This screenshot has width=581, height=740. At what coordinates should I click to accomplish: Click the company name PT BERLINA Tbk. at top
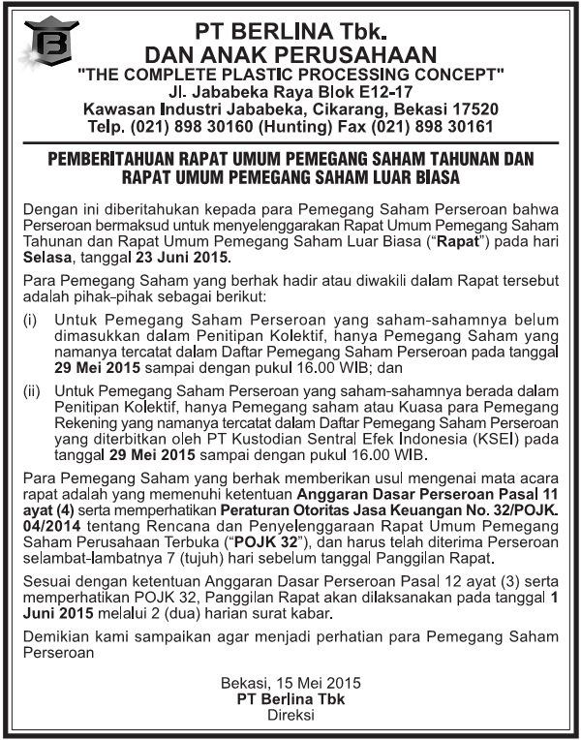click(290, 29)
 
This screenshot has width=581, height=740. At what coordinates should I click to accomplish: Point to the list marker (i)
click(30, 318)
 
